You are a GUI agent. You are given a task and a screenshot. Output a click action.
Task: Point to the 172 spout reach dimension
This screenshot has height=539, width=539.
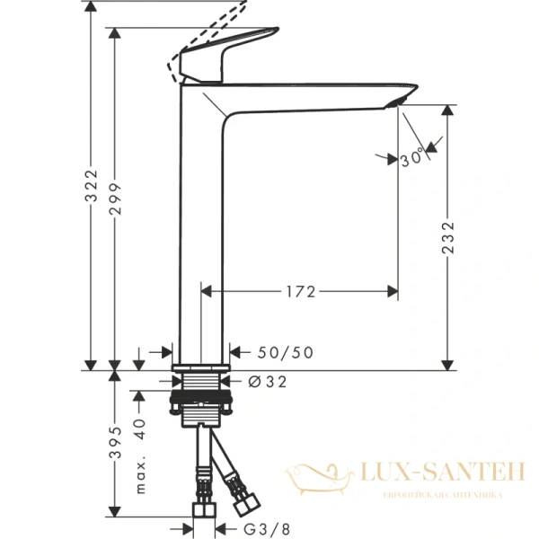(299, 291)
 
